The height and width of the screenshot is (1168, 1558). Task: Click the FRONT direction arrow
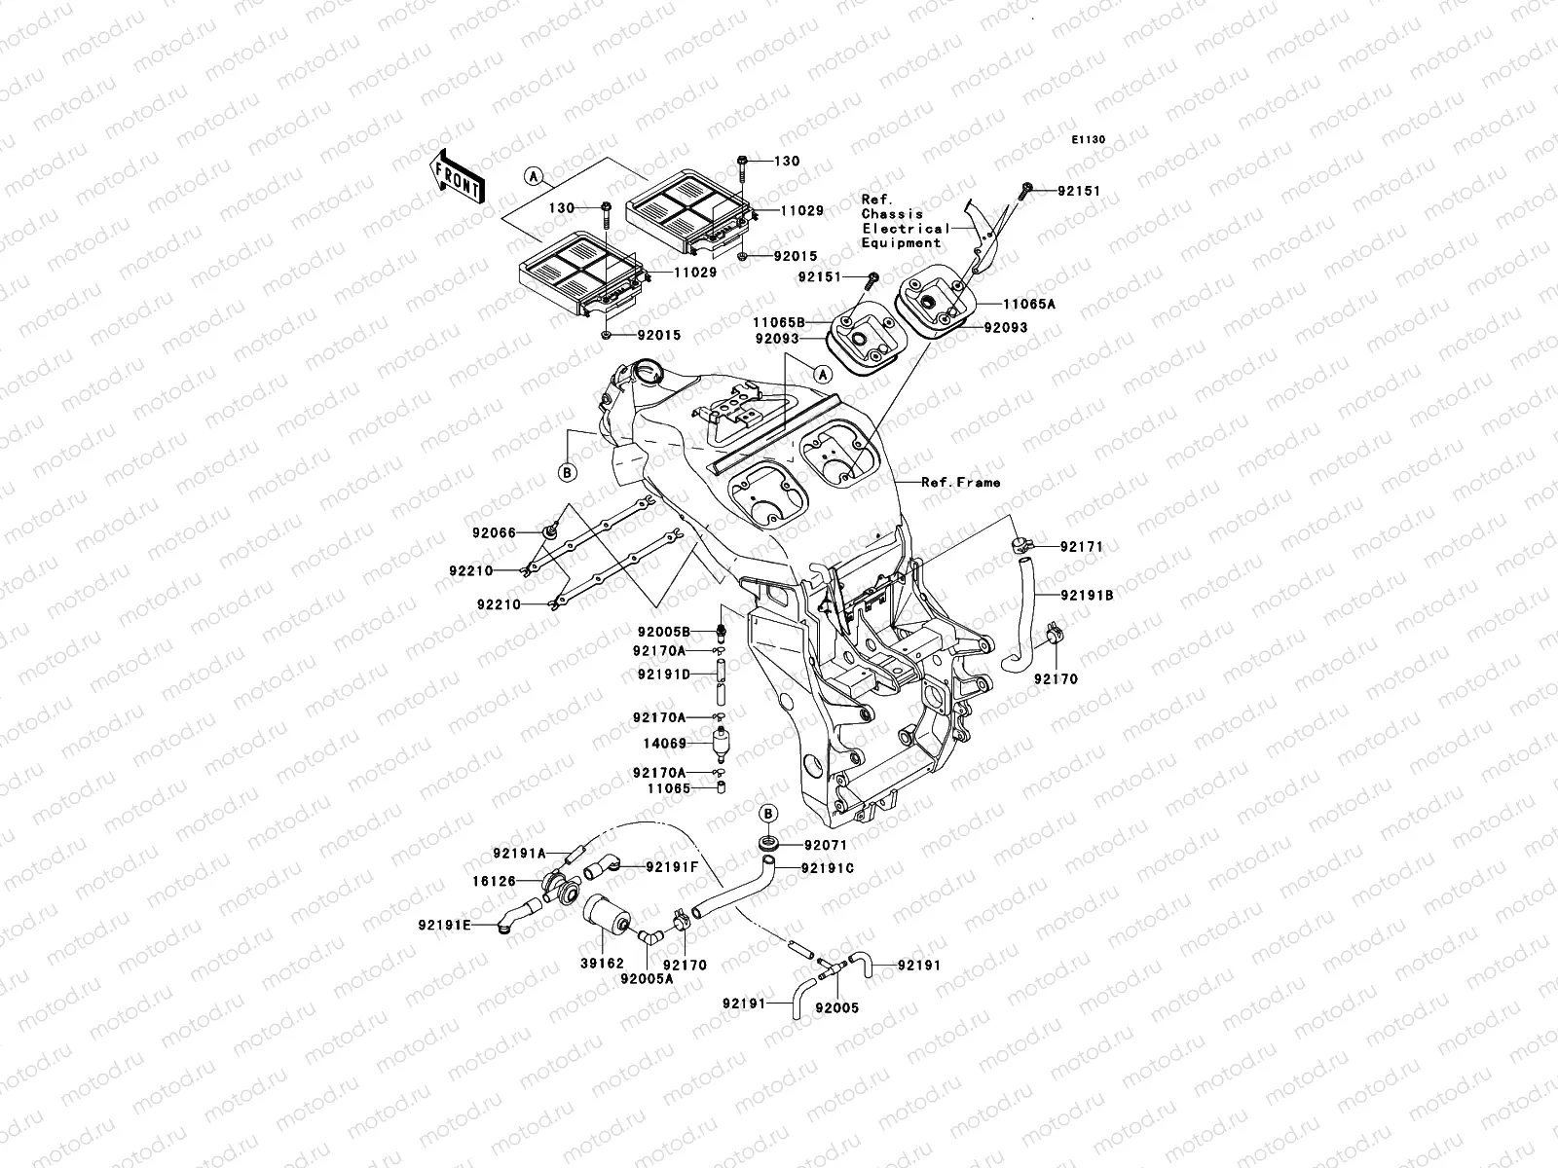coord(458,177)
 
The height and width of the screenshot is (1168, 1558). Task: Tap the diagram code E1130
coord(1088,140)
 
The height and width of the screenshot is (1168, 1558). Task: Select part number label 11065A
coord(1028,305)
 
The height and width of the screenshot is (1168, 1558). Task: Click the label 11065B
coord(779,323)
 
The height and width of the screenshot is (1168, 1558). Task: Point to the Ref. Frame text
coord(960,482)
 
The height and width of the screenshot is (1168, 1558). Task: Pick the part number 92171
coord(1082,547)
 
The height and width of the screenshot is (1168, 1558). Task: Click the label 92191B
coord(1087,596)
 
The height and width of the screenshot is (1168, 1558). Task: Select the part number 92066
coord(494,532)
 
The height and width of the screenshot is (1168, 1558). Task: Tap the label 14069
coord(665,744)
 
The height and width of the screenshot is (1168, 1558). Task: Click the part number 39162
coord(602,964)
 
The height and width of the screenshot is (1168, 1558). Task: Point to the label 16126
coord(494,882)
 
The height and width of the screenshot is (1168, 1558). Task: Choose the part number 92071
coord(826,845)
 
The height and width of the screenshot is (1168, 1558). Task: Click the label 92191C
coord(828,869)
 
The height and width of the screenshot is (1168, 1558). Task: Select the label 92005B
coord(664,632)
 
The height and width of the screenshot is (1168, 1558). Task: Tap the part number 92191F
coord(672,866)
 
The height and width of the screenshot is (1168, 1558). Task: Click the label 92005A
coord(647,979)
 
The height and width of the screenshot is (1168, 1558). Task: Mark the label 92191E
coord(444,925)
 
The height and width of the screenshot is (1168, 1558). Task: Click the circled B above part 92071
coord(768,814)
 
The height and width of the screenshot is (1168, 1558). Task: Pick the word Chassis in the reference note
coord(892,214)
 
